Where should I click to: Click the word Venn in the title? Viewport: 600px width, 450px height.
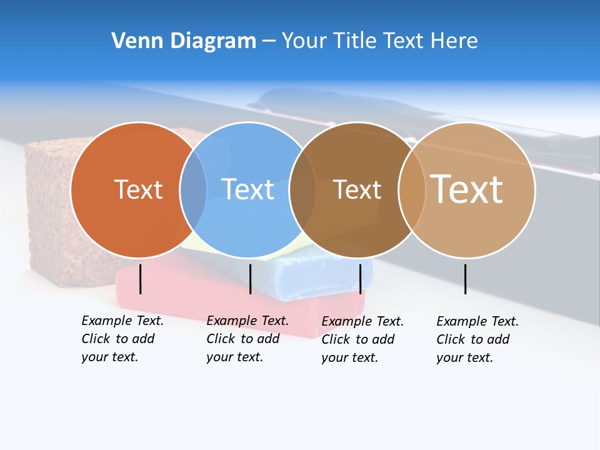point(131,41)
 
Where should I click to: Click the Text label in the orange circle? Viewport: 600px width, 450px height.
point(138,189)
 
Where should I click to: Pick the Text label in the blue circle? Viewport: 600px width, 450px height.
point(247,189)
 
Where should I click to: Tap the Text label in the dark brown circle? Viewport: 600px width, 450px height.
point(357,189)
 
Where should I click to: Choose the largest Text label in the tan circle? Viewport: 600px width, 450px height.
point(467,189)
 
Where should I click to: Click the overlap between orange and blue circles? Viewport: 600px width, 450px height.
point(193,190)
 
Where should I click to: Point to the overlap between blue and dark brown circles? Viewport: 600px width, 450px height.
point(303,190)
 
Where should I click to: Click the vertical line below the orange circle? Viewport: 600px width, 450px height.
point(141,279)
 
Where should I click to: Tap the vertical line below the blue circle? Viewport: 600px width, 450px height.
point(250,279)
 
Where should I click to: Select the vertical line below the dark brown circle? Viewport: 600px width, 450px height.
point(360,279)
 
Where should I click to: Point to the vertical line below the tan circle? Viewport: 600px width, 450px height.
point(466,279)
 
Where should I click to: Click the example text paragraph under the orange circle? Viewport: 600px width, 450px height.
point(122,339)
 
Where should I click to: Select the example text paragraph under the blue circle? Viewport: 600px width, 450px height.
point(247,339)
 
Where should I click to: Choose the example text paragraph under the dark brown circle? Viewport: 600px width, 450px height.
point(362,339)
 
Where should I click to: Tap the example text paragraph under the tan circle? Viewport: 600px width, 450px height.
point(477,339)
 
